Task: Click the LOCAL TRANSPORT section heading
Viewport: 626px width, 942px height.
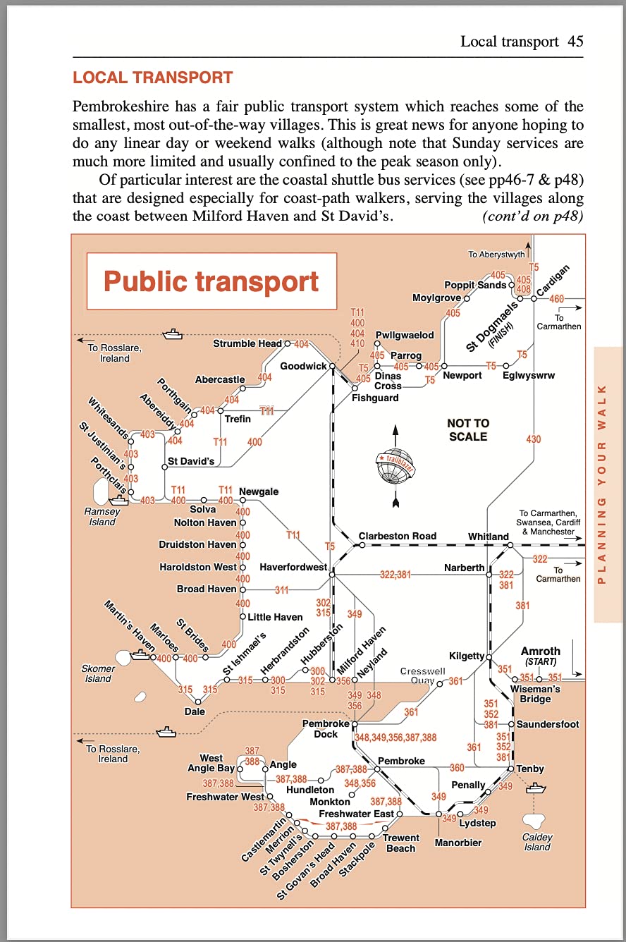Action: point(152,78)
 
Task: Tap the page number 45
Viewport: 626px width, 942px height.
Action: point(575,42)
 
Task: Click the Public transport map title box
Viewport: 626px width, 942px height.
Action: point(211,281)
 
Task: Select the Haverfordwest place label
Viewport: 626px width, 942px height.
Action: point(293,567)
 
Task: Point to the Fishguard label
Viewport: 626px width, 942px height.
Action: point(375,398)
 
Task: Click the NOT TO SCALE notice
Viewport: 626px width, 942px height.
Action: point(468,429)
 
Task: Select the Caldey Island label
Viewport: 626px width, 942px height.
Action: point(537,842)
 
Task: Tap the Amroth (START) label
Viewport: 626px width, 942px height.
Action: point(540,656)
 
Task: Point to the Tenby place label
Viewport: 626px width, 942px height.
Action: point(530,769)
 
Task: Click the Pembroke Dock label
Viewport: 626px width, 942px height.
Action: point(326,729)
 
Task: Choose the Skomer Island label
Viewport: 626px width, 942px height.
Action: point(97,673)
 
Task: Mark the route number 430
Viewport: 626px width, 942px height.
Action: point(534,439)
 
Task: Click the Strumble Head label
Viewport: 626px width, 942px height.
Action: point(247,343)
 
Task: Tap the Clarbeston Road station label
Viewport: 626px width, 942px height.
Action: point(398,536)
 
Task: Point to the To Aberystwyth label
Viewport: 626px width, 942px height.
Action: point(496,255)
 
